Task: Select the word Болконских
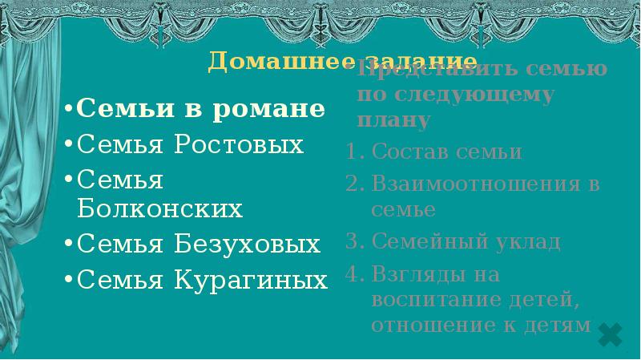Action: [160, 209]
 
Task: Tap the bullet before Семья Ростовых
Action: [70, 146]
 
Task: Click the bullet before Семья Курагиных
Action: [70, 280]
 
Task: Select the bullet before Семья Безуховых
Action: [70, 245]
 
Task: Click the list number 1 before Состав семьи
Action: [353, 152]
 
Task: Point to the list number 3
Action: [353, 241]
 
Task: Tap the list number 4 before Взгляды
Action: [353, 274]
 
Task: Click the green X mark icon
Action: [611, 334]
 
